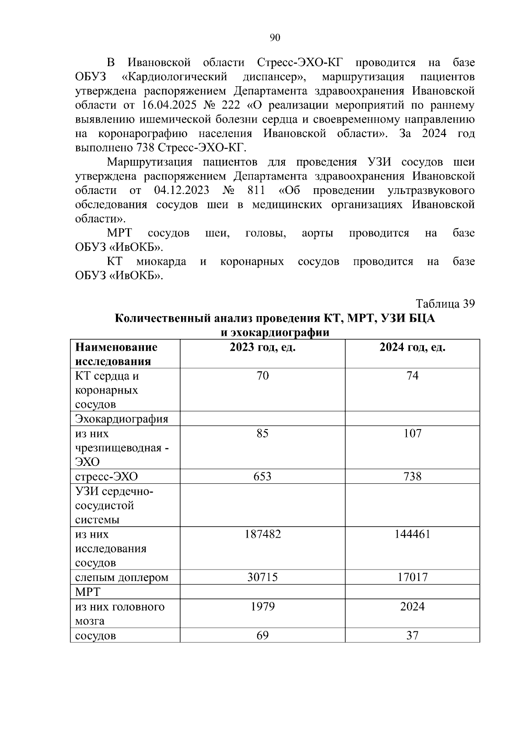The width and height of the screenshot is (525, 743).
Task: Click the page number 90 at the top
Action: [275, 38]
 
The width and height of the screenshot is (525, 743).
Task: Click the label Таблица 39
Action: [445, 304]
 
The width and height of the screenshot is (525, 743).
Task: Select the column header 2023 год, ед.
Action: [262, 348]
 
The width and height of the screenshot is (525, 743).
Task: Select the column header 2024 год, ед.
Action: [412, 348]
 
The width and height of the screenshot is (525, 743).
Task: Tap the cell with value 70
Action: [262, 376]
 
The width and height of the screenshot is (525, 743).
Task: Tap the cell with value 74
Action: [412, 376]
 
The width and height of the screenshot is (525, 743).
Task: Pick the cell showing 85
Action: [262, 433]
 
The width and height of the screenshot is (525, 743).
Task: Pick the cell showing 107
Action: [412, 433]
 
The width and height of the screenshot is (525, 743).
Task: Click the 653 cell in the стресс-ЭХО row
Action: [262, 476]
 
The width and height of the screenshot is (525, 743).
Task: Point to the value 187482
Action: [262, 534]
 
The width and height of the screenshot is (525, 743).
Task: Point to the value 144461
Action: [412, 534]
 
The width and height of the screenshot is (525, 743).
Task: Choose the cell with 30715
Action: [262, 577]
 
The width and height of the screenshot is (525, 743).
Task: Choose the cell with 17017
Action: [412, 577]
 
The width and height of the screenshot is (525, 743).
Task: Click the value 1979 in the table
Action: [262, 606]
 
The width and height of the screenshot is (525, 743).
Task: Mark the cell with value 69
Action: [262, 635]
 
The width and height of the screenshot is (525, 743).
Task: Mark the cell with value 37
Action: [412, 635]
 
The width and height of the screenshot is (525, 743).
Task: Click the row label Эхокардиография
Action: [122, 419]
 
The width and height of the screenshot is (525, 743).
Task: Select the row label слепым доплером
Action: [122, 577]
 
